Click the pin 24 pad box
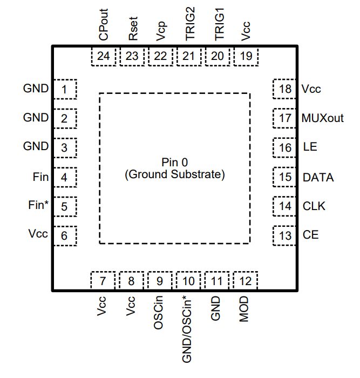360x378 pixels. click(x=104, y=56)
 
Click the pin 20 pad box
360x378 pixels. click(x=218, y=56)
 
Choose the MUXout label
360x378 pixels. click(x=323, y=118)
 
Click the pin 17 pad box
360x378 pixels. click(x=285, y=118)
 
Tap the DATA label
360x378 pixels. click(x=318, y=177)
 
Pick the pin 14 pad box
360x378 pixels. click(x=285, y=206)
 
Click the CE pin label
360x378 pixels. click(x=310, y=235)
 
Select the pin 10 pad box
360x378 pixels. click(x=189, y=281)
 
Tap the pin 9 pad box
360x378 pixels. click(x=160, y=281)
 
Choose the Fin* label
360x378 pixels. click(x=38, y=206)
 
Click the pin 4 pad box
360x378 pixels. click(x=65, y=177)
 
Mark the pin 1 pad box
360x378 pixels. click(x=65, y=89)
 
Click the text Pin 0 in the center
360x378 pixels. click(x=174, y=162)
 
